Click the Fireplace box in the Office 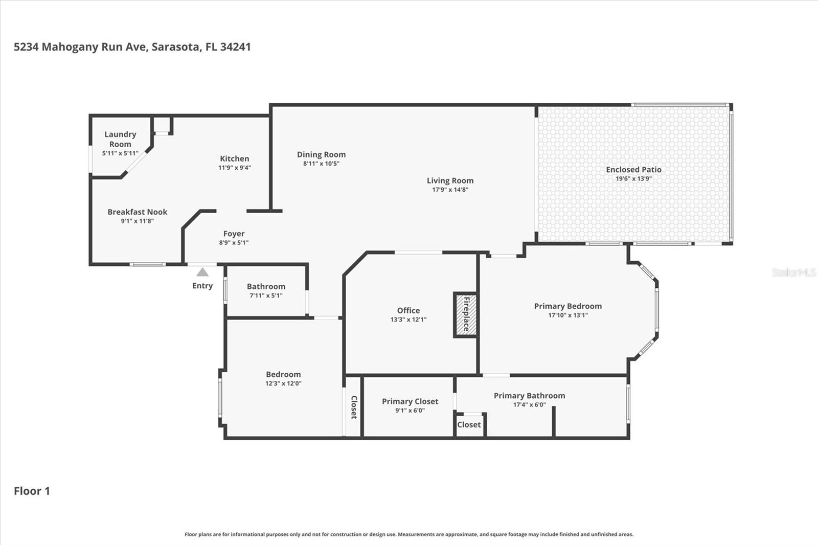[x=465, y=314]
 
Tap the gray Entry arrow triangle [x=202, y=272]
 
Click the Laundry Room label [x=120, y=139]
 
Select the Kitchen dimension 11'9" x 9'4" [x=235, y=168]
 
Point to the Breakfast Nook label [x=138, y=212]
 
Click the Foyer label [x=234, y=234]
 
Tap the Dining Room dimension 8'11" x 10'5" [x=321, y=164]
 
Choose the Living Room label [x=450, y=180]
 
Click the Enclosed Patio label [x=633, y=169]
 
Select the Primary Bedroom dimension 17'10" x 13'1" [x=567, y=315]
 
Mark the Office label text [x=408, y=310]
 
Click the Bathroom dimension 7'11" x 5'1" [x=266, y=296]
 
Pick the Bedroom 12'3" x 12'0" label [x=283, y=374]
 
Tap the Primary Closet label [x=410, y=401]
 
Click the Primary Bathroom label [x=529, y=395]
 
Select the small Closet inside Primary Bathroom [x=469, y=424]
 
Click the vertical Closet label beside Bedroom [x=353, y=407]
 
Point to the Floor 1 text [x=32, y=491]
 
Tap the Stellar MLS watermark [x=793, y=272]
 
